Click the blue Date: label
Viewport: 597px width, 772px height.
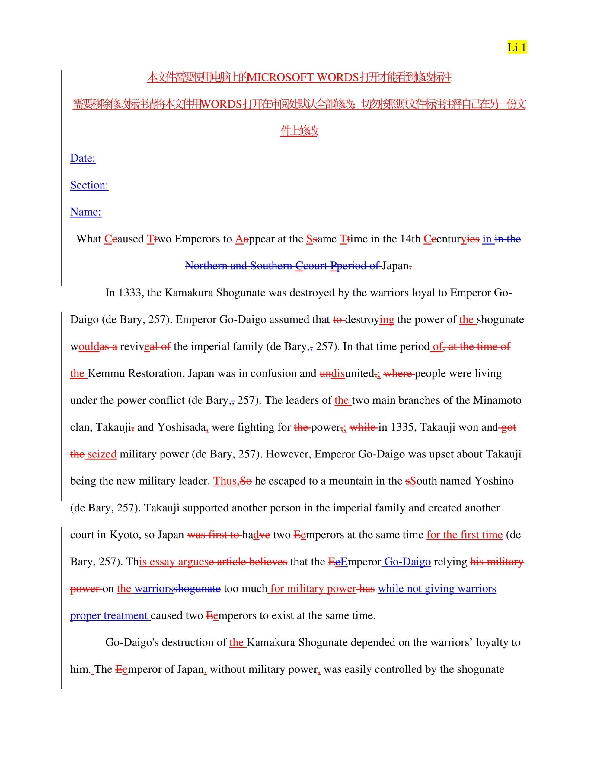tap(83, 158)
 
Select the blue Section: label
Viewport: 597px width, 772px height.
tap(89, 185)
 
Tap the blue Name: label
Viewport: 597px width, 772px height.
tap(86, 212)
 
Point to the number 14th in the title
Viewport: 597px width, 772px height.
tap(410, 239)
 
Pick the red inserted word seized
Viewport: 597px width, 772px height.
tap(102, 454)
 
